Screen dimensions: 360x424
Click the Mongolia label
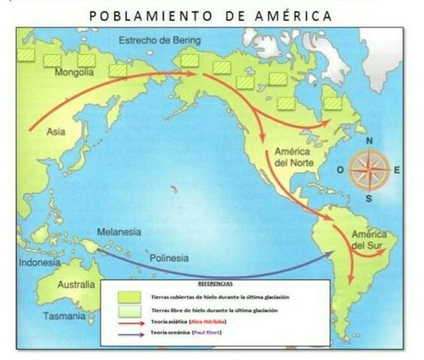[x=74, y=73]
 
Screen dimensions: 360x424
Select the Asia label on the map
[x=56, y=131]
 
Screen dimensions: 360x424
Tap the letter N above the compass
[x=369, y=141]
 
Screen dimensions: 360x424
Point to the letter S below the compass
[x=369, y=199]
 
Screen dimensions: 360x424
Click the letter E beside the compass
[x=397, y=169]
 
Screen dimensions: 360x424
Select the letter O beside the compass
[x=340, y=169]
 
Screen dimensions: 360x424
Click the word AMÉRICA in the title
[x=287, y=16]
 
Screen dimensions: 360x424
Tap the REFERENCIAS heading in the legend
[x=215, y=284]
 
